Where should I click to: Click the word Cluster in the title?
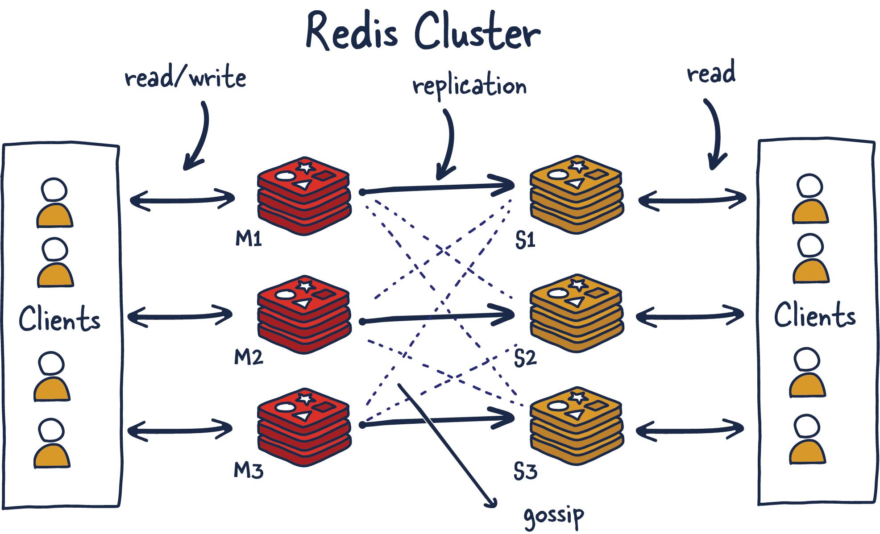[x=477, y=32]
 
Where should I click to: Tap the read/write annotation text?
[x=185, y=78]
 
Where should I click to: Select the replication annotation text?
[x=469, y=86]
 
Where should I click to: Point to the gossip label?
[x=554, y=515]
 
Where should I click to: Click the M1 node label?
[x=249, y=239]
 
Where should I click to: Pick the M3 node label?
[x=249, y=470]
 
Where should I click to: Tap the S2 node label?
[x=525, y=358]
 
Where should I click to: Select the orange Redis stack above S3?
[x=576, y=426]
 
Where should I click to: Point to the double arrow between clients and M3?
[x=180, y=430]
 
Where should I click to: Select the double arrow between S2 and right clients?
[x=690, y=316]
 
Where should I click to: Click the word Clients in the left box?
[x=59, y=319]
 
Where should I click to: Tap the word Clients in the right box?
[x=815, y=315]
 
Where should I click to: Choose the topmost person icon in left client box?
[x=54, y=203]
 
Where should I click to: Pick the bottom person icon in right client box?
[x=807, y=439]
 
